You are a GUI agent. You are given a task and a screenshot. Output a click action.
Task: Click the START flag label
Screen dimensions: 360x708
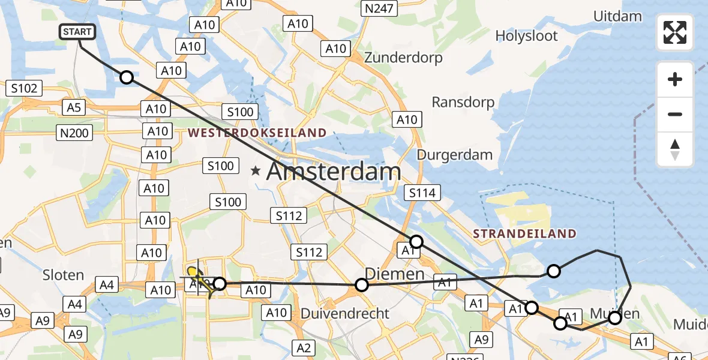pos(78,32)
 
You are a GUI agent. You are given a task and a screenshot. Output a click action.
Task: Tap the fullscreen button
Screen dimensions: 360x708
pos(675,32)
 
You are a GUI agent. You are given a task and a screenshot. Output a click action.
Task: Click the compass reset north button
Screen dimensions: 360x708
pos(675,149)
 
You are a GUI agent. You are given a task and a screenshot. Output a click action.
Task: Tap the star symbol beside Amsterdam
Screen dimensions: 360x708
pos(256,171)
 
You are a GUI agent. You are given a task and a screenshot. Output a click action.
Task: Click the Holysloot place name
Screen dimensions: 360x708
pos(526,36)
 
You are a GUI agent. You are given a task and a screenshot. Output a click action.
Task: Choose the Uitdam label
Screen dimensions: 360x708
pos(617,16)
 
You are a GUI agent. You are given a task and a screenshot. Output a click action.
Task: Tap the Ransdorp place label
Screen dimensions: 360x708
pos(463,102)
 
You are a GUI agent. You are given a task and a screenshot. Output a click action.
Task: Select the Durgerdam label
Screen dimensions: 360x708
pos(454,154)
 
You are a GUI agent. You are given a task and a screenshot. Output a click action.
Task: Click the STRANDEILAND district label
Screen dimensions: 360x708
pos(524,233)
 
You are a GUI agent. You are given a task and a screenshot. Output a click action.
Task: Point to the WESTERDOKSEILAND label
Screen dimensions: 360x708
pos(258,133)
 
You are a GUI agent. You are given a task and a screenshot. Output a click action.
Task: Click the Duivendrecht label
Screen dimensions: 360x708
pos(344,313)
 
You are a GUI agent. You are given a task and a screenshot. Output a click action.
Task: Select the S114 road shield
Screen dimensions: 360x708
pos(423,193)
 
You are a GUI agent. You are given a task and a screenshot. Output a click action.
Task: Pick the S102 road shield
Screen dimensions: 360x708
pos(25,89)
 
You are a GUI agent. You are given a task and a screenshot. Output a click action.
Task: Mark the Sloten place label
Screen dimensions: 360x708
pos(63,275)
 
